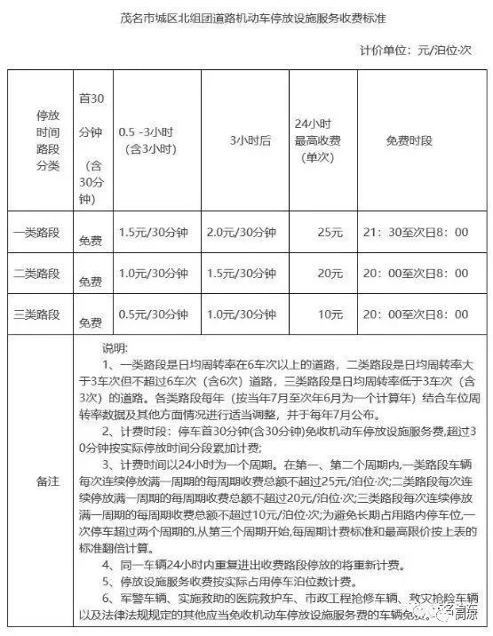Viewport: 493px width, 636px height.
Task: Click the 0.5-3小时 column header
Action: pyautogui.click(x=151, y=140)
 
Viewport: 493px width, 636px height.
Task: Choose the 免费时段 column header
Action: pyautogui.click(x=415, y=140)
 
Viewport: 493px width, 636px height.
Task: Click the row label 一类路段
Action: pyautogui.click(x=36, y=232)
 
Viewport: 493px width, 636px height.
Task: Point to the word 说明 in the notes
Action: pyautogui.click(x=115, y=348)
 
